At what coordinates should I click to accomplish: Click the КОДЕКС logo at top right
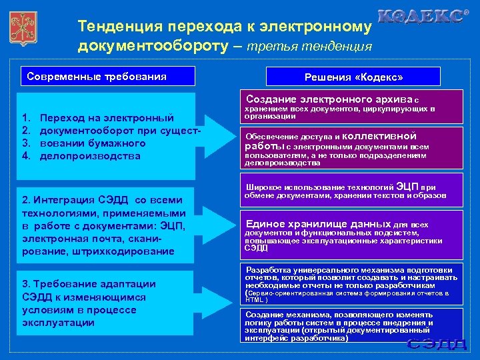pyautogui.click(x=423, y=17)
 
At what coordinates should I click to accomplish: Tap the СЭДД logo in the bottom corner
pyautogui.click(x=437, y=344)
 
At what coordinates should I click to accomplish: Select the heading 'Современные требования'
pyautogui.click(x=97, y=76)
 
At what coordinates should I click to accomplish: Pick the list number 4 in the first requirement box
pyautogui.click(x=27, y=156)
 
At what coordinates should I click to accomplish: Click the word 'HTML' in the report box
pyautogui.click(x=255, y=300)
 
